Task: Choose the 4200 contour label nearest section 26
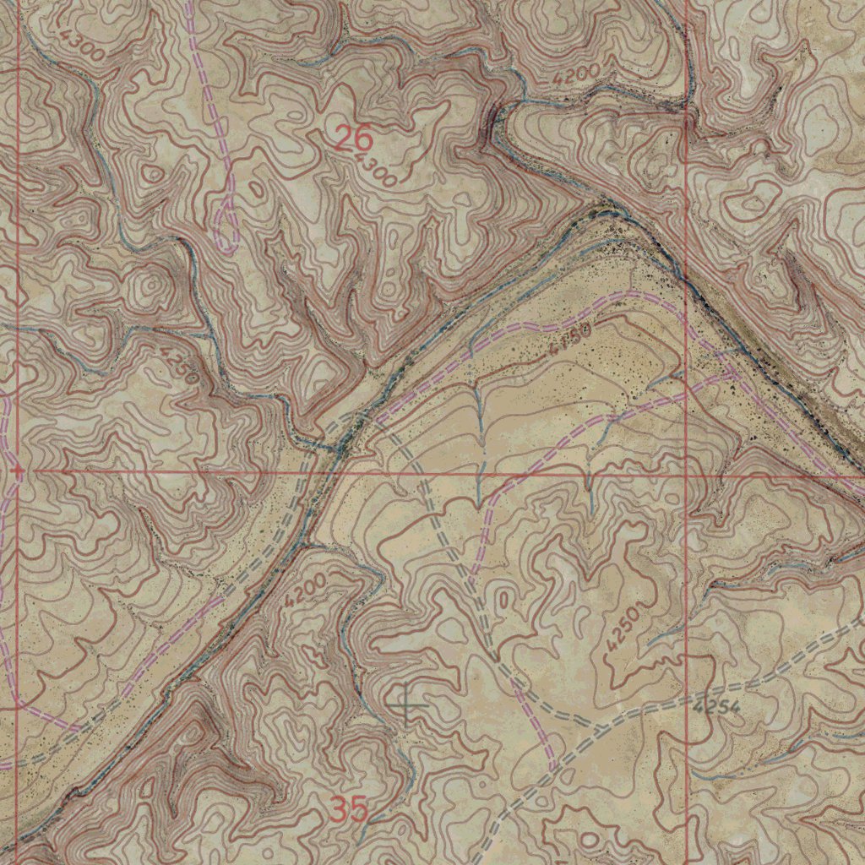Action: click(x=577, y=73)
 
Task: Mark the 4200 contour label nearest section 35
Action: click(x=305, y=588)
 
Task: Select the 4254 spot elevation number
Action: click(x=716, y=705)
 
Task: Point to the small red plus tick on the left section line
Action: click(x=18, y=470)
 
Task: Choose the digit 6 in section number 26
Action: click(x=363, y=137)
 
